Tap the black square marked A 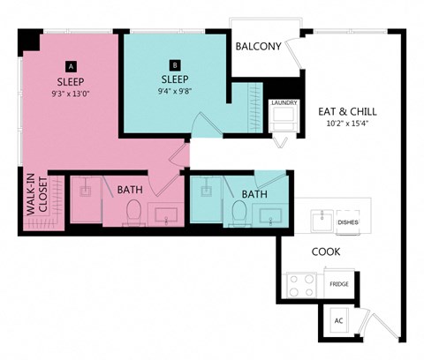tap(72, 65)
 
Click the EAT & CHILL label tap(350, 111)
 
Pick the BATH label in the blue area tap(254, 194)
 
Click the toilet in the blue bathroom tap(238, 212)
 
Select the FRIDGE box tap(338, 284)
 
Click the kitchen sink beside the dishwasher tap(323, 217)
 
